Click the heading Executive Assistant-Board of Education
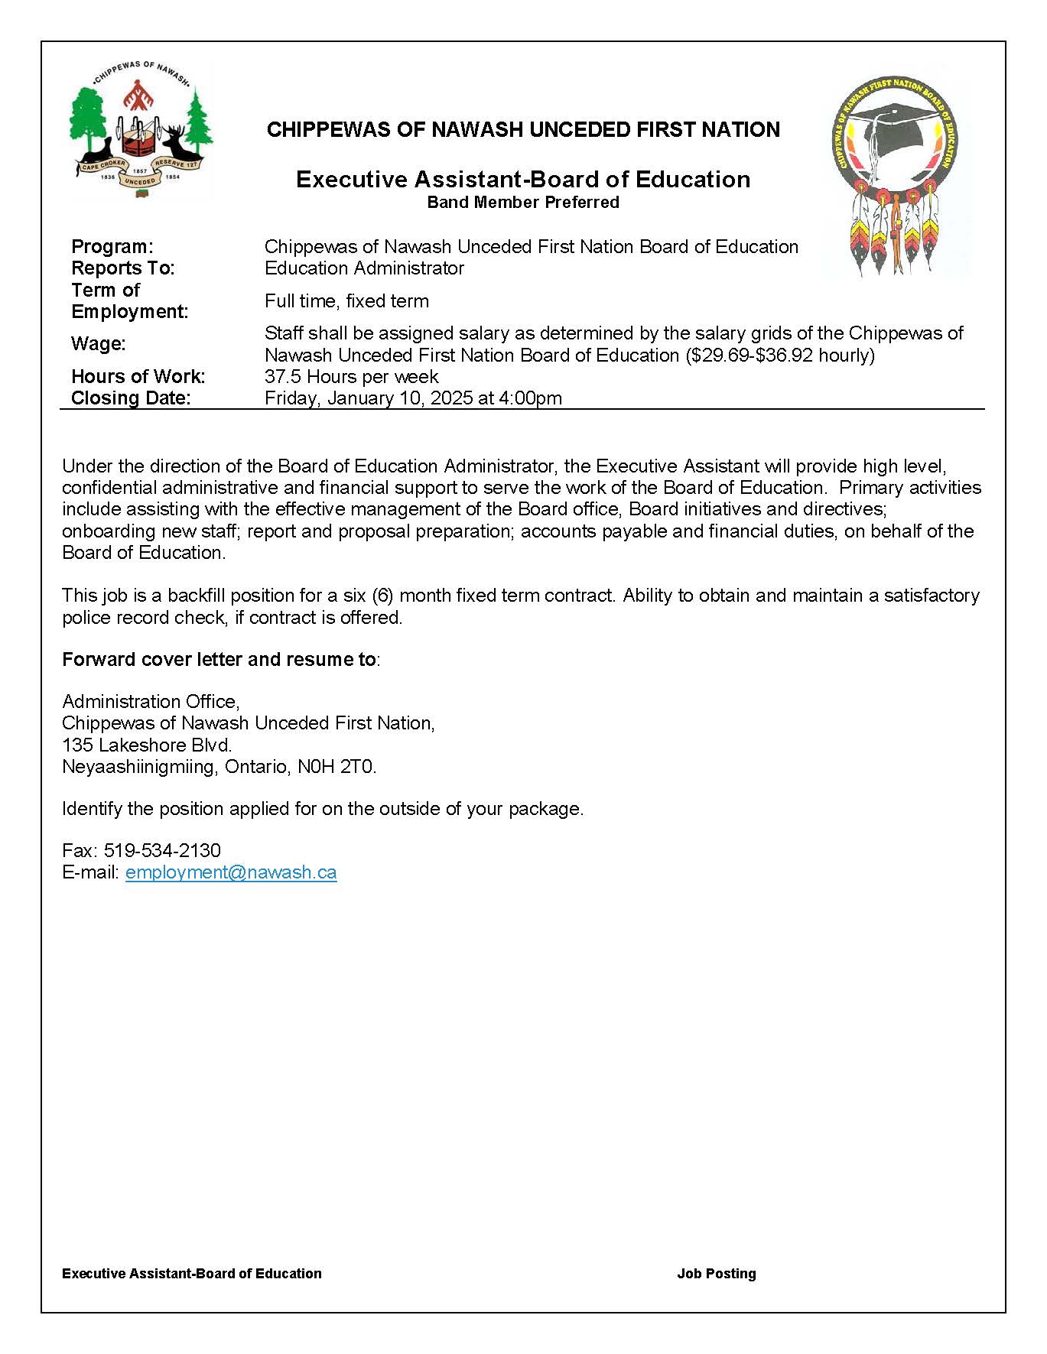coord(523,180)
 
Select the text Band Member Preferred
coord(523,203)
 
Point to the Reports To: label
coord(123,268)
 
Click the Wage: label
coord(99,344)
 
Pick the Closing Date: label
coord(131,398)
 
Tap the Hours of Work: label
coord(138,377)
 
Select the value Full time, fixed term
coord(346,301)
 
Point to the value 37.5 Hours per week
coord(352,377)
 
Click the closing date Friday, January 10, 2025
coord(369,398)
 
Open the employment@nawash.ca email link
coord(231,872)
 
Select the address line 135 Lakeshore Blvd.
coord(147,745)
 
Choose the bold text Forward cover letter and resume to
coord(219,659)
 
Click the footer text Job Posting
coord(717,1274)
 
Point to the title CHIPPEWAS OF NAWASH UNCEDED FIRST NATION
coord(523,130)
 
